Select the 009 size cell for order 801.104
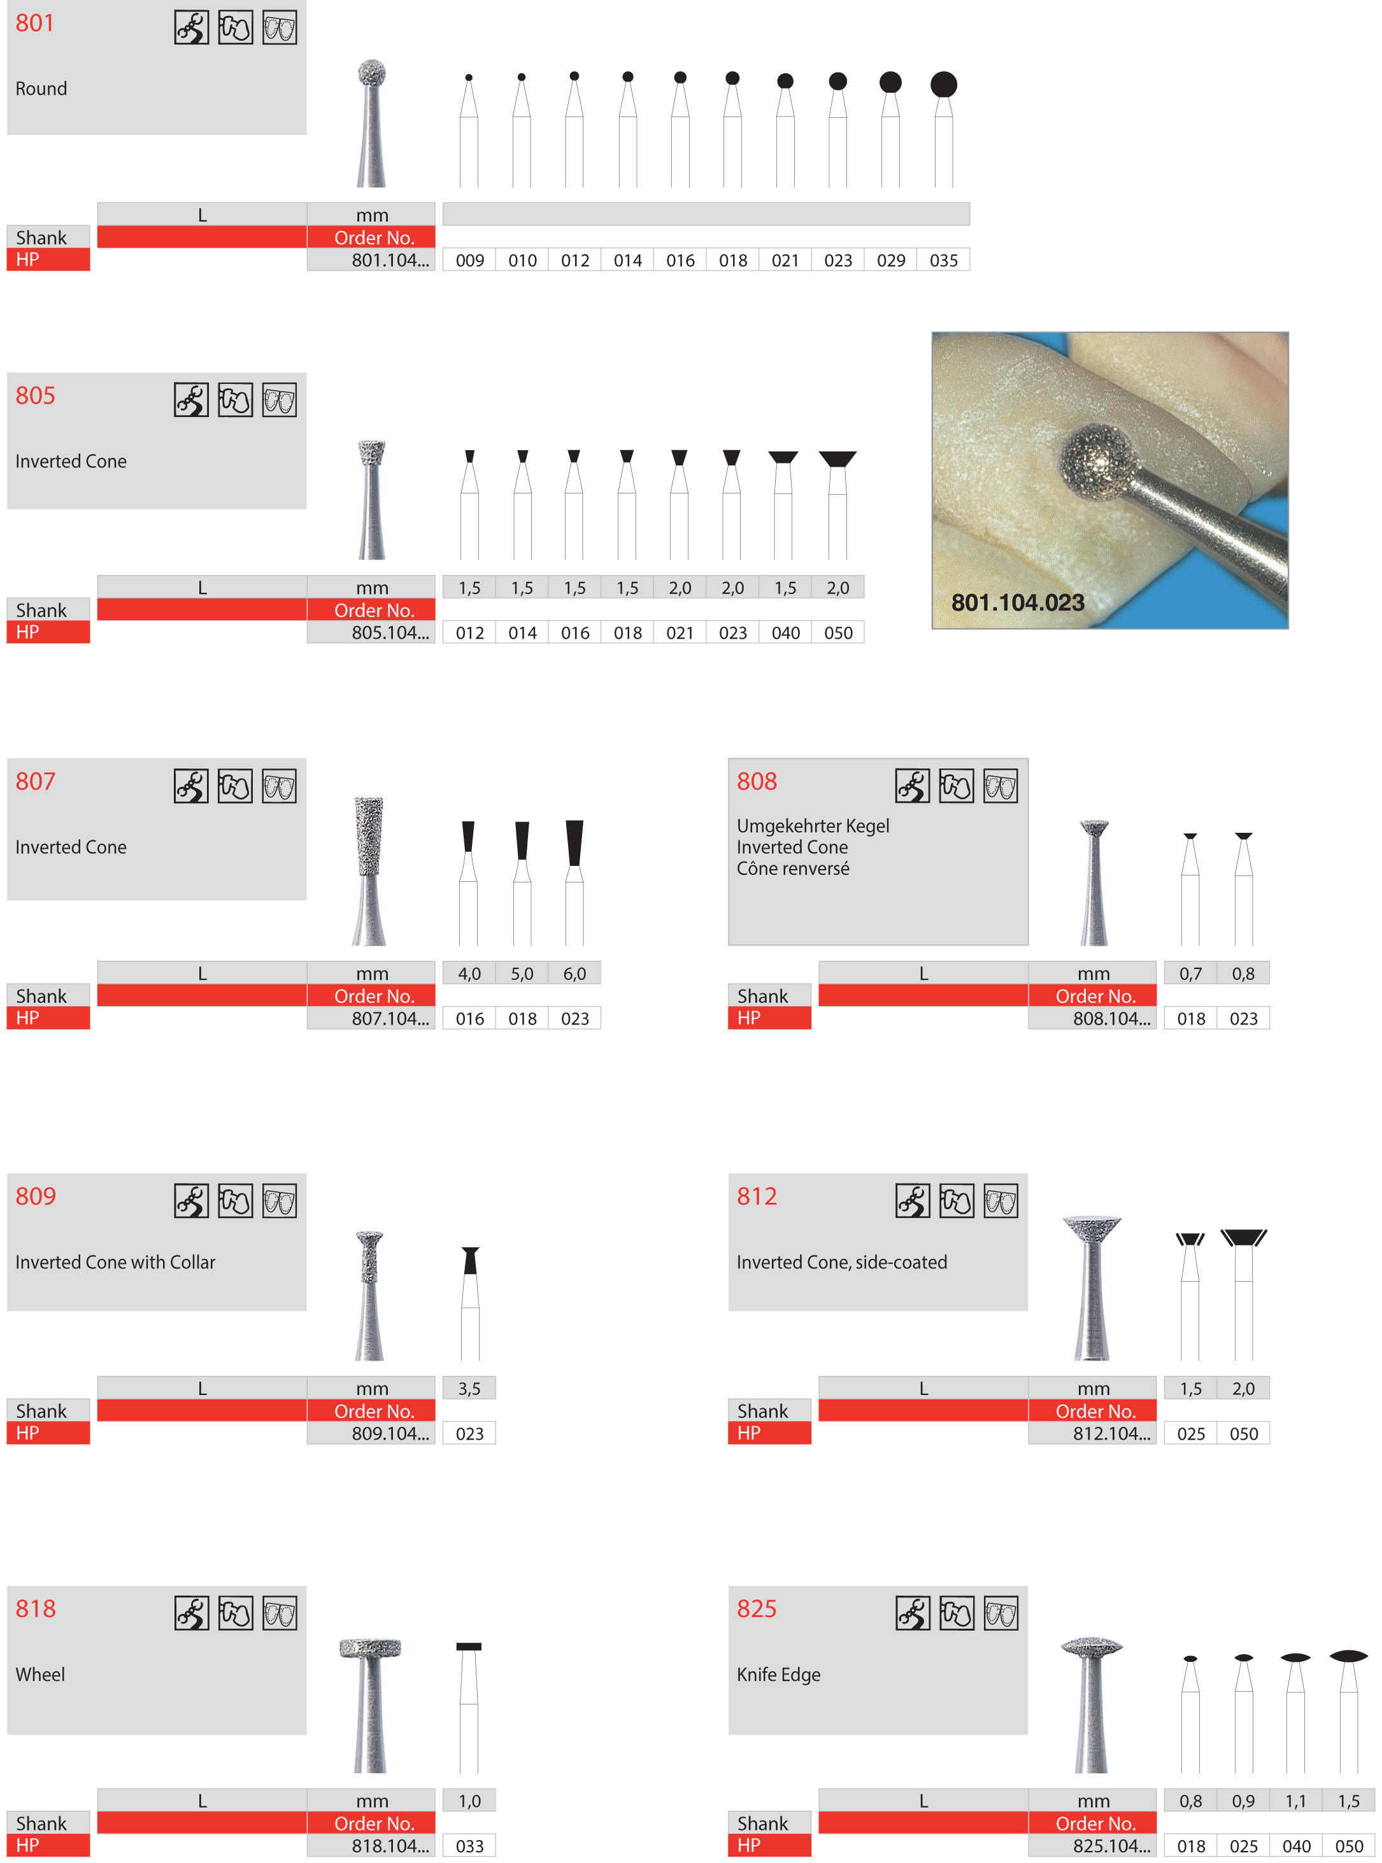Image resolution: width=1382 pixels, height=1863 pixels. (x=469, y=260)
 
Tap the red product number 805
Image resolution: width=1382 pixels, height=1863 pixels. (x=35, y=395)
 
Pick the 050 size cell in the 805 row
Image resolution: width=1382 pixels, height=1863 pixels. (x=837, y=633)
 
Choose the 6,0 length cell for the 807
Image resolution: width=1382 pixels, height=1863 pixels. (x=574, y=974)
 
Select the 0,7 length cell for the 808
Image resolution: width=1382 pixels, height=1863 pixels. (x=1190, y=974)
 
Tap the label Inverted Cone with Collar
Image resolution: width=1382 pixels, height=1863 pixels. (x=115, y=1262)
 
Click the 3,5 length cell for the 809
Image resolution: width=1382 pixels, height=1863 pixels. (x=469, y=1388)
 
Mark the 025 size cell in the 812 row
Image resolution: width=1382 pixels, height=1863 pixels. (x=1190, y=1433)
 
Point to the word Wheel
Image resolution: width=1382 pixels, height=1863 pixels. (x=40, y=1674)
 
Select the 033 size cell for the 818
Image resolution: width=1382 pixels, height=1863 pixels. (x=469, y=1845)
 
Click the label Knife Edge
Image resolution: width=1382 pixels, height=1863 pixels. (x=778, y=1674)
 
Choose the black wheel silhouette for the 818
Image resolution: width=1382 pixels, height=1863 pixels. (x=469, y=1647)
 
